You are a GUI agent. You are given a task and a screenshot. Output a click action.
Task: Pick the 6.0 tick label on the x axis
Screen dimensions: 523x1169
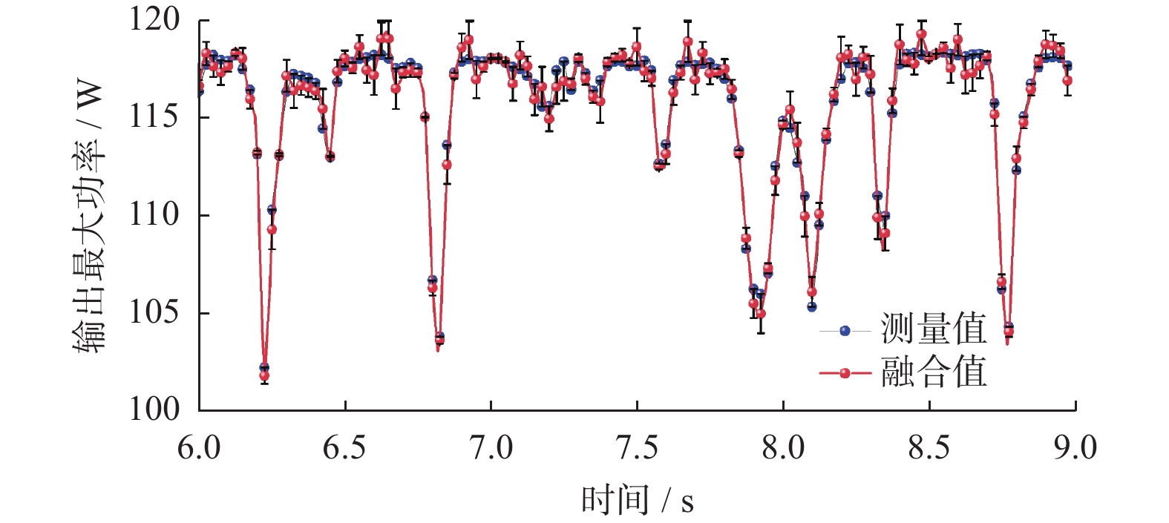199,448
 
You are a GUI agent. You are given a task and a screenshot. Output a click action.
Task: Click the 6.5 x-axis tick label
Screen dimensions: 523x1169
344,448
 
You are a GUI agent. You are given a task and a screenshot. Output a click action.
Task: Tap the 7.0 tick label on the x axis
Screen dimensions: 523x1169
491,448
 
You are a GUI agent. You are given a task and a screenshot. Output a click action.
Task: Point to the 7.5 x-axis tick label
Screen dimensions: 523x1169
637,448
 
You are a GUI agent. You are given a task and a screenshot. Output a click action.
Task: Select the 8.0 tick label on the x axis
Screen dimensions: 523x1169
783,448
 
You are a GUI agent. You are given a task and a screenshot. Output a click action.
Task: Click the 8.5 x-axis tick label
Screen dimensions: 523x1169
929,448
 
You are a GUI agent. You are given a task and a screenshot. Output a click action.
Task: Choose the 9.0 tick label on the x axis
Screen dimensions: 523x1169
1075,448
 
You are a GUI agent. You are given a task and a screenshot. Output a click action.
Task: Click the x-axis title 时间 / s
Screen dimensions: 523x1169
637,500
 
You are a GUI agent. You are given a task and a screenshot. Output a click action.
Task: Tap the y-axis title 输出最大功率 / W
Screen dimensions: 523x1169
89,215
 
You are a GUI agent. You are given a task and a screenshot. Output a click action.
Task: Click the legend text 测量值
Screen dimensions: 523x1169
934,329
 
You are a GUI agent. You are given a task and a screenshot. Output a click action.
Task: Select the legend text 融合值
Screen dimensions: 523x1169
934,372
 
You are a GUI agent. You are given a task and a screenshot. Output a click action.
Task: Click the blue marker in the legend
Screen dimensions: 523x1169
845,331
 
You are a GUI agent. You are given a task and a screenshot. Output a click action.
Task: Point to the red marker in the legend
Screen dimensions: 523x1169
845,373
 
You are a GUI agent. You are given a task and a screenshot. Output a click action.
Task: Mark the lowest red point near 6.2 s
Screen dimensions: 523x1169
264,376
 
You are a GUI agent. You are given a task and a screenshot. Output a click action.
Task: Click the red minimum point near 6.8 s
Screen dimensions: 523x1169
439,339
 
